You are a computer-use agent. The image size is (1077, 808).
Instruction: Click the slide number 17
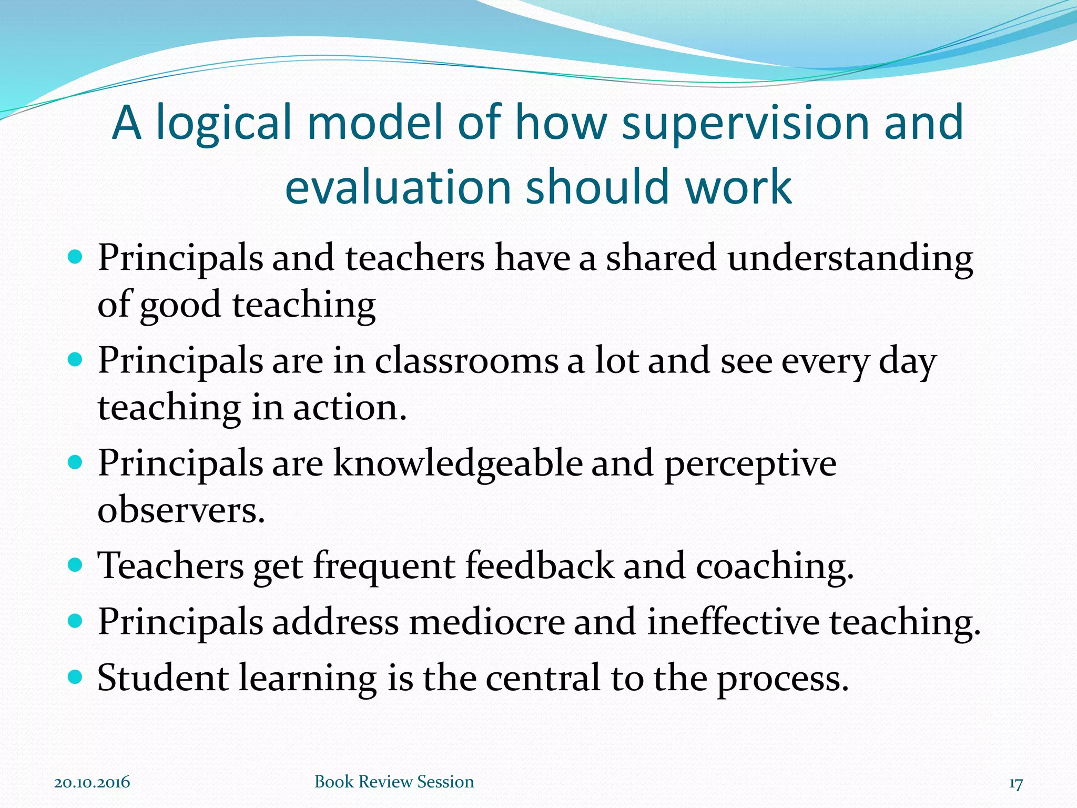point(1015,783)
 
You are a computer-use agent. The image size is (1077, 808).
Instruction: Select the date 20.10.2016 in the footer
point(92,782)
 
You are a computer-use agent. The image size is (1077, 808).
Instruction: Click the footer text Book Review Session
point(394,782)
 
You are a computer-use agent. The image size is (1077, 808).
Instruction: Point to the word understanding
point(850,259)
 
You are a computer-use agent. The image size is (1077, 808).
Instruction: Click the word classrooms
point(466,361)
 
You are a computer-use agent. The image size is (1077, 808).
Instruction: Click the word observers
point(181,510)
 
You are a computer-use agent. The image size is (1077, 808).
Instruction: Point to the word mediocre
point(486,622)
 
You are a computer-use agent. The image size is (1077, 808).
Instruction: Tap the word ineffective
point(733,622)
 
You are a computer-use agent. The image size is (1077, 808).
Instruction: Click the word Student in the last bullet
point(162,678)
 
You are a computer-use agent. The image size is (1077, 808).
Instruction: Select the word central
point(543,678)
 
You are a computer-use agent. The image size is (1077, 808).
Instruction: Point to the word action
point(349,408)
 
